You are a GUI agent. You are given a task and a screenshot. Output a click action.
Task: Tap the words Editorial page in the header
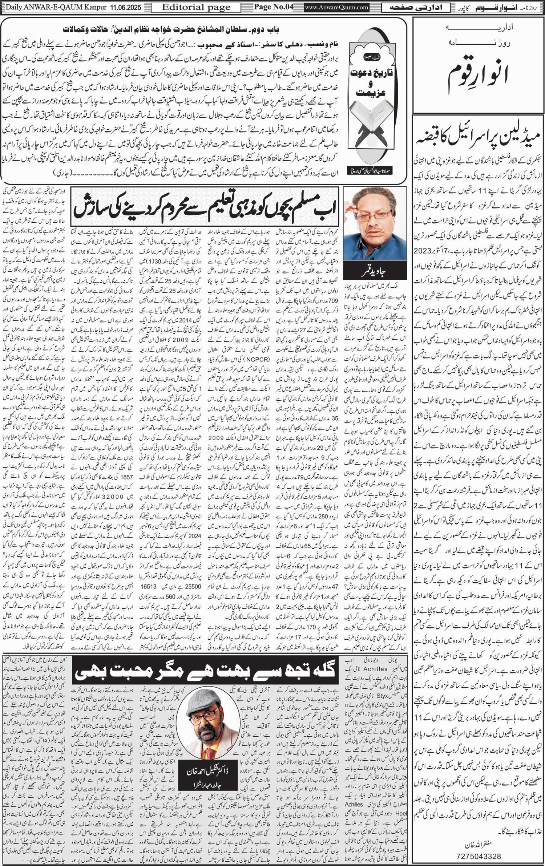[x=196, y=7]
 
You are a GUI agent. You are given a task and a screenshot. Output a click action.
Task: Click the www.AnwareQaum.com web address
[x=337, y=7]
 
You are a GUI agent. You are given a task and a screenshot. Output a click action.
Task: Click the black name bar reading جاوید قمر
[x=375, y=269]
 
